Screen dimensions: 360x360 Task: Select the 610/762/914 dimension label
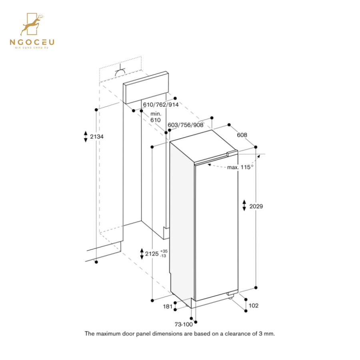pyautogui.click(x=161, y=105)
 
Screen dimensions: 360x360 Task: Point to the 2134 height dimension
pyautogui.click(x=97, y=136)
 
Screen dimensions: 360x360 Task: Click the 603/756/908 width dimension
pyautogui.click(x=186, y=125)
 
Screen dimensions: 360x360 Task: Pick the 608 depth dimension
pyautogui.click(x=242, y=135)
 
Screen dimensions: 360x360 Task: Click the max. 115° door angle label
pyautogui.click(x=240, y=167)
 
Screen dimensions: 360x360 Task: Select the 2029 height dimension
pyautogui.click(x=256, y=206)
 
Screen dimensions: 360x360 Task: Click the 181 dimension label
pyautogui.click(x=167, y=307)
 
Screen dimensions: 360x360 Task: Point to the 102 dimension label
pyautogui.click(x=254, y=306)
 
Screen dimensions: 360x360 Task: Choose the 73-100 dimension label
pyautogui.click(x=184, y=324)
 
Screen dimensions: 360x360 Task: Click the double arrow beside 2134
pyautogui.click(x=85, y=136)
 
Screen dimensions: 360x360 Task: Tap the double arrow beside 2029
pyautogui.click(x=244, y=206)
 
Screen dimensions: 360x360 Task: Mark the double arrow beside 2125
pyautogui.click(x=141, y=253)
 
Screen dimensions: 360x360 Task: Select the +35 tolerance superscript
pyautogui.click(x=163, y=251)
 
